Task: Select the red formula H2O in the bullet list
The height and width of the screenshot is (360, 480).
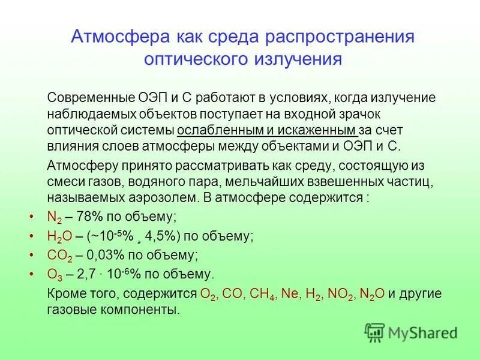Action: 59,236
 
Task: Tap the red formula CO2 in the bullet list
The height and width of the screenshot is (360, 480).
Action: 59,255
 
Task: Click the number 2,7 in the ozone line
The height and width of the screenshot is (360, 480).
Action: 84,274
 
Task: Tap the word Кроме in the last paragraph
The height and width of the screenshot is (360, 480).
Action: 64,294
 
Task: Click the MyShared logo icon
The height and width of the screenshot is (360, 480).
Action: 374,332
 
